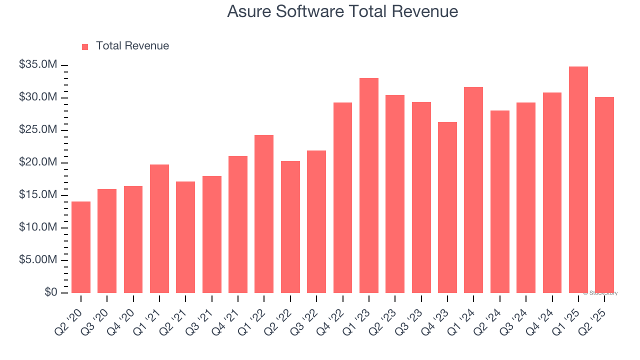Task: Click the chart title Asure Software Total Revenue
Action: point(342,11)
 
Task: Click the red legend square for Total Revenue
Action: point(85,46)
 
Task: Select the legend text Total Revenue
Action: point(132,46)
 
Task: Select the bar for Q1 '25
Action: point(578,180)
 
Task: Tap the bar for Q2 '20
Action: point(81,247)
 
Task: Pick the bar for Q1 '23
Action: point(369,185)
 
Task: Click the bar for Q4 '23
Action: point(447,207)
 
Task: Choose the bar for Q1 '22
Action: point(264,214)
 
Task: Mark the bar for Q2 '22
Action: point(290,227)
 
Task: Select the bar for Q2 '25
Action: point(604,195)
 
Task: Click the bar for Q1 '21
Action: point(159,228)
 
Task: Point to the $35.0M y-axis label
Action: point(38,65)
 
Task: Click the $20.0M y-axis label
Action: point(38,162)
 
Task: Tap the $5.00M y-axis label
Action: point(38,260)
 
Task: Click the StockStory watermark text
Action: point(601,293)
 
